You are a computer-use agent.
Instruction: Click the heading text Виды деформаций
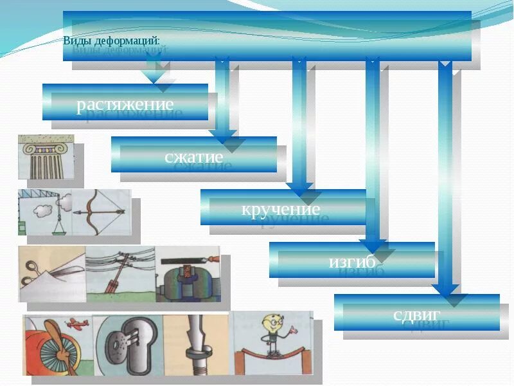tap(112, 41)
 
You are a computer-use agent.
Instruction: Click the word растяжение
tap(125, 104)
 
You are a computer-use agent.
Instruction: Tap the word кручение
tap(280, 209)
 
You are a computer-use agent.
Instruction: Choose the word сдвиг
tap(416, 315)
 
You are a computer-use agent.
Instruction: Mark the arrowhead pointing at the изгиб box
tap(373, 245)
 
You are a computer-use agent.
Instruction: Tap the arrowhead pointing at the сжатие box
tap(222, 137)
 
